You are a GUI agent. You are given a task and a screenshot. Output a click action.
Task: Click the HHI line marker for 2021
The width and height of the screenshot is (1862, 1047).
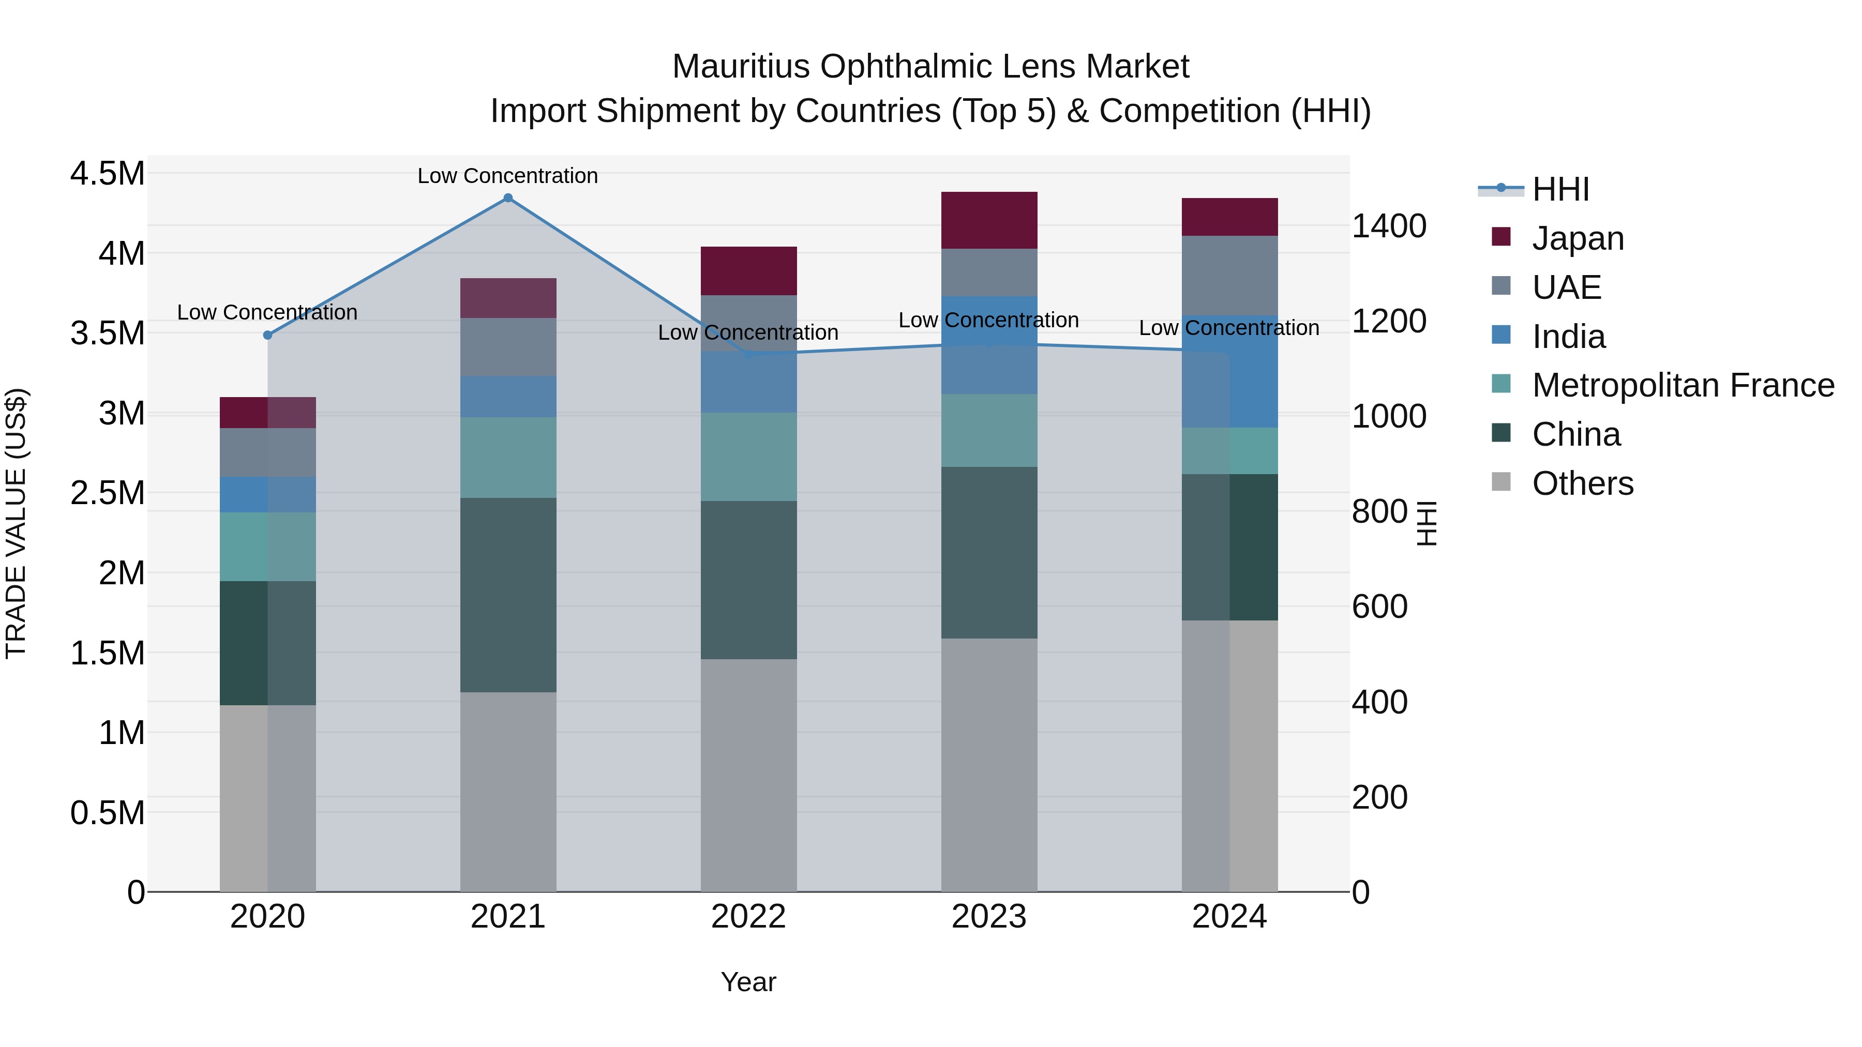[508, 198]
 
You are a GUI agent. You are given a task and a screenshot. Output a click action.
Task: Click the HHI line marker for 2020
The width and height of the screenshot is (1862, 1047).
[267, 335]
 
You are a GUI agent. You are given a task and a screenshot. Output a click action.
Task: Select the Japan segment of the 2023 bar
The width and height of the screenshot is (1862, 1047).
[989, 220]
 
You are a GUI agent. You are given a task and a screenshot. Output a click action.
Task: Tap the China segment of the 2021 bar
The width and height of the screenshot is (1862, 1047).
[508, 595]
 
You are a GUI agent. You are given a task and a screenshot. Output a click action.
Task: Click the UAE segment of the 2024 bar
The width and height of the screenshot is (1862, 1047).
[1229, 276]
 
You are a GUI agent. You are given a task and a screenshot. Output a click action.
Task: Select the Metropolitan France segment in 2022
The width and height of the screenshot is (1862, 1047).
[749, 457]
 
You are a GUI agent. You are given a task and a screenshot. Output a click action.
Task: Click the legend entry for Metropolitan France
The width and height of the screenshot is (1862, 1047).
[1683, 386]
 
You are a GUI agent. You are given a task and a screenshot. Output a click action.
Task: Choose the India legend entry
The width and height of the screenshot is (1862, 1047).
[1569, 337]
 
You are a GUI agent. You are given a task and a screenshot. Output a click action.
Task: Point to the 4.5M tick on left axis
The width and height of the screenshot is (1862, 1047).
[107, 174]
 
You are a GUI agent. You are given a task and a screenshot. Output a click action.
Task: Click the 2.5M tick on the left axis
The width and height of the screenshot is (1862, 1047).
[107, 494]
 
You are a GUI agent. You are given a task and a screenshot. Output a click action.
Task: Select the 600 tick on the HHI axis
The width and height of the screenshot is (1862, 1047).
[1379, 606]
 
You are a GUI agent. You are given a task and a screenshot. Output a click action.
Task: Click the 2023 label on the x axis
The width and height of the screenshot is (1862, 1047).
[989, 917]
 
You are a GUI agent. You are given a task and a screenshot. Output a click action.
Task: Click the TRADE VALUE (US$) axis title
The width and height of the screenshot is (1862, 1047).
[16, 523]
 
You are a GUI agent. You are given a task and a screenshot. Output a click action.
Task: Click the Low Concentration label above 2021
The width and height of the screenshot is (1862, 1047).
[508, 176]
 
